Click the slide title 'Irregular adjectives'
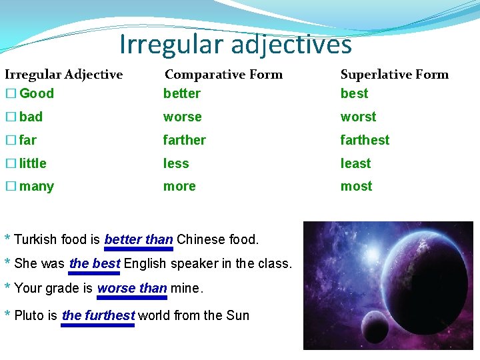pos(235,45)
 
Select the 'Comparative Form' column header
pos(223,75)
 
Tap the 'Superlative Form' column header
pos(394,75)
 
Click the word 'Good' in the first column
pos(37,93)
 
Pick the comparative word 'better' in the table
pos(181,93)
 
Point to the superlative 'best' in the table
pos(354,93)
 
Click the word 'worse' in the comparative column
pos(182,117)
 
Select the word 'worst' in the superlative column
pos(358,117)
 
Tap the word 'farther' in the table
pos(185,140)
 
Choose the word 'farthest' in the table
pos(365,140)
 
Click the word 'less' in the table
pos(176,163)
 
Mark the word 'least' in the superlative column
pos(355,163)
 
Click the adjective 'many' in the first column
pos(37,187)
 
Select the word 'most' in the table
pos(356,187)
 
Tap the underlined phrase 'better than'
pos(139,239)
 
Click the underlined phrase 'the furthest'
pos(98,315)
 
